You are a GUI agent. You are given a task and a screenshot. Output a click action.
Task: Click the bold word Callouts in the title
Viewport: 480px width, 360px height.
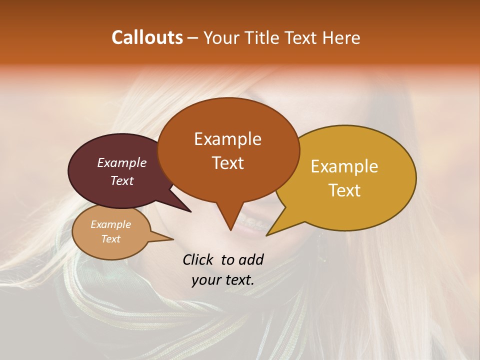[x=147, y=37]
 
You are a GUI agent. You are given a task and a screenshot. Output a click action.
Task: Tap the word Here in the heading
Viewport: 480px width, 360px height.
[x=341, y=37]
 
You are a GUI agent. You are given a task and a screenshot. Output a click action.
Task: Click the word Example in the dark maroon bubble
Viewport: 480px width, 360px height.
[x=122, y=162]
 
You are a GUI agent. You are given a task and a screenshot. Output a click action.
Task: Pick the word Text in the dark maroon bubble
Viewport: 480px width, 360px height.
[x=122, y=180]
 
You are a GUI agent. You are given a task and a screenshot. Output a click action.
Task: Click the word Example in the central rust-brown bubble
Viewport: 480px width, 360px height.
[x=227, y=139]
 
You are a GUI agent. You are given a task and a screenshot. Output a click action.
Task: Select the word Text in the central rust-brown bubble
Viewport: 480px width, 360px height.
[x=227, y=163]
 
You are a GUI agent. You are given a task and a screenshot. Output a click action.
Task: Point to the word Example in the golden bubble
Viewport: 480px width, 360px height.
[x=344, y=166]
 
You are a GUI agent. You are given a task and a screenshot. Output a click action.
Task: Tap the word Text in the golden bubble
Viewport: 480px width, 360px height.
[x=344, y=190]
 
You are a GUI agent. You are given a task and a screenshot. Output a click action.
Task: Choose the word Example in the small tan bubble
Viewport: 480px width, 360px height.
[x=110, y=224]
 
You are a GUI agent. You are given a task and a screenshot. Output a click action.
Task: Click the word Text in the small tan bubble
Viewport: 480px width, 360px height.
[x=110, y=239]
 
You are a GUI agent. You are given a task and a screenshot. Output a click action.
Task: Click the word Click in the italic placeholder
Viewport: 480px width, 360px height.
[x=199, y=259]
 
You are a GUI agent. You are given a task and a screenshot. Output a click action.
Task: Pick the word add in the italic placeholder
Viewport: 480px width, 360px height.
[x=250, y=259]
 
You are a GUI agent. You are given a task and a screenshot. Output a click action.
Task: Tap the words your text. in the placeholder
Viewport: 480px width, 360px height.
[x=223, y=280]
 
